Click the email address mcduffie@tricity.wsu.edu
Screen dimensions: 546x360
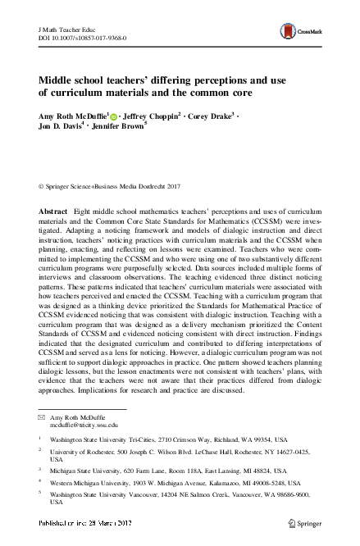pyautogui.click(x=83, y=425)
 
